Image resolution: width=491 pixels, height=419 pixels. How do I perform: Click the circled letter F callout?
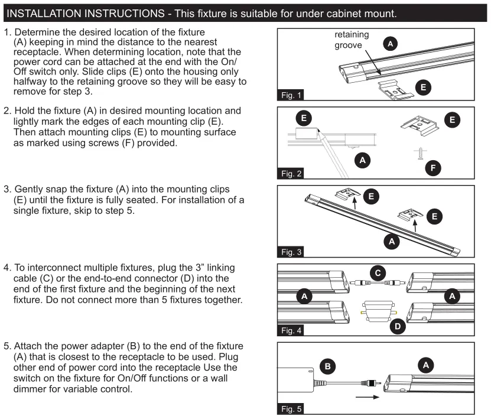(434, 168)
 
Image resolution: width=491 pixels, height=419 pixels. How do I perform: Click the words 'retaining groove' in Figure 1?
(352, 40)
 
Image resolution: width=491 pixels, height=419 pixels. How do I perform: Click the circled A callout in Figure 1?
(390, 43)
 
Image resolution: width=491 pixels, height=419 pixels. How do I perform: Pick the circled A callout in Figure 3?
(390, 241)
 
